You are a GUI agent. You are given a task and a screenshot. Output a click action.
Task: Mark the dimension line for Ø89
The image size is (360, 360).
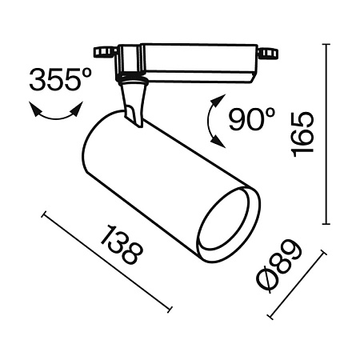pyautogui.click(x=297, y=284)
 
